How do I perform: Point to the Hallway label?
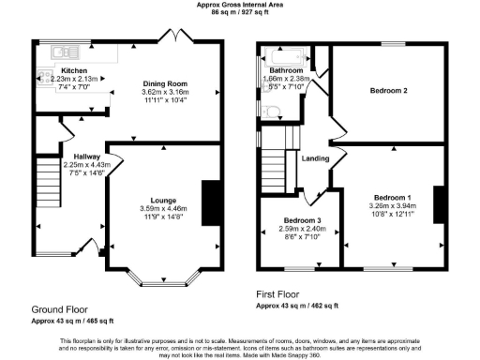pos(74,157)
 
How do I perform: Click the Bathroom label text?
pos(286,70)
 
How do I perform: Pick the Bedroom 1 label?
pos(388,197)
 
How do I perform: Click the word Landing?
pos(315,158)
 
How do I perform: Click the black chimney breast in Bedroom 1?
pos(438,202)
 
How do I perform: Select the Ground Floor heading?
pos(61,308)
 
